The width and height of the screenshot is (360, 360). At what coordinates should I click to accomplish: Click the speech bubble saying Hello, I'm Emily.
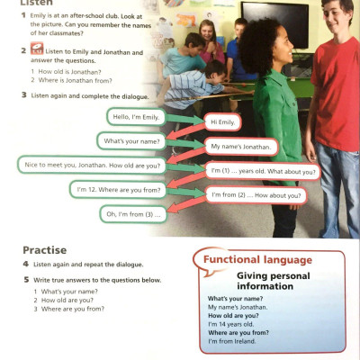pos(135,118)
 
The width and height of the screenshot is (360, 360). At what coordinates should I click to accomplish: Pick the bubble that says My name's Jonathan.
pos(241,146)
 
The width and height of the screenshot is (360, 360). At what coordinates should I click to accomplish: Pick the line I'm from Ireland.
pos(232,341)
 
